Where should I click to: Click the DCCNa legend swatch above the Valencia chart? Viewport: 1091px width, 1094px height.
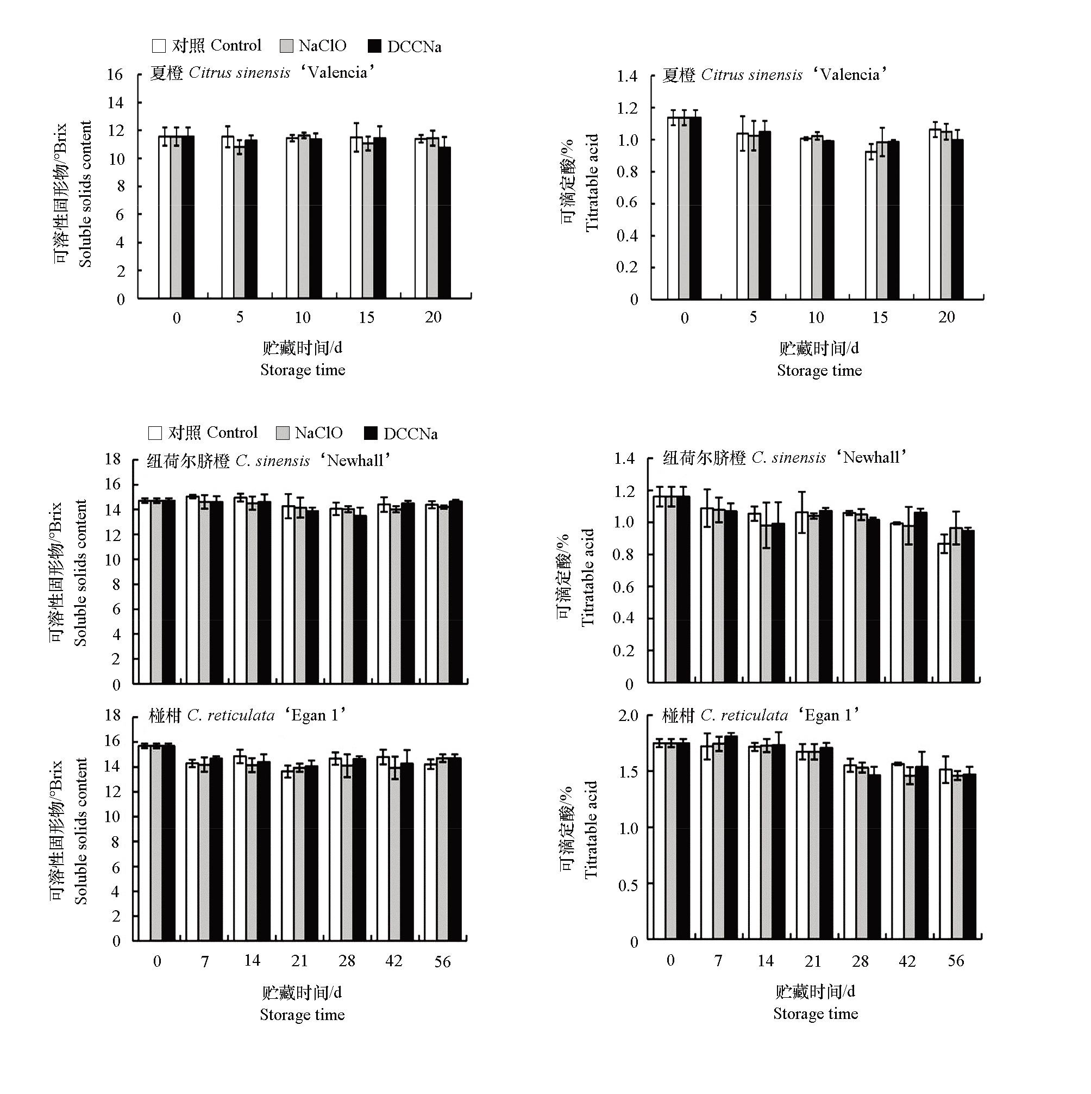coord(374,46)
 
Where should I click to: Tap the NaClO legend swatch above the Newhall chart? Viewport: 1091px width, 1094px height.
coord(283,433)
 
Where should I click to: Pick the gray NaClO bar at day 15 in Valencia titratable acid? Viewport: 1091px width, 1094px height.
coord(882,220)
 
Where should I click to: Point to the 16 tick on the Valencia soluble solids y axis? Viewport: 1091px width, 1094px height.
coord(115,74)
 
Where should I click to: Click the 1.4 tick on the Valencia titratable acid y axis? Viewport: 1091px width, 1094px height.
coord(626,76)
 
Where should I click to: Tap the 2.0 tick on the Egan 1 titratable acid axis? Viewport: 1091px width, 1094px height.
coord(628,716)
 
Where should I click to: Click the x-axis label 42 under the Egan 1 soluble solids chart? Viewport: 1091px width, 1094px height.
coord(394,961)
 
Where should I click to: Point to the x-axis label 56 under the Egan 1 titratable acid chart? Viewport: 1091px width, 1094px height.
coord(956,961)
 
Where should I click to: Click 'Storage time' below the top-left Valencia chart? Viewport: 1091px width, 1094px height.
coord(303,370)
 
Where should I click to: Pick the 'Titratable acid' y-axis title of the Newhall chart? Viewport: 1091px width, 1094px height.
coord(588,577)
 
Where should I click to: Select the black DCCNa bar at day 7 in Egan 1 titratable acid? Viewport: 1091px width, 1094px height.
coord(731,837)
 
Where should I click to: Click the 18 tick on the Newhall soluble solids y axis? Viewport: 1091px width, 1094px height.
coord(112,459)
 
